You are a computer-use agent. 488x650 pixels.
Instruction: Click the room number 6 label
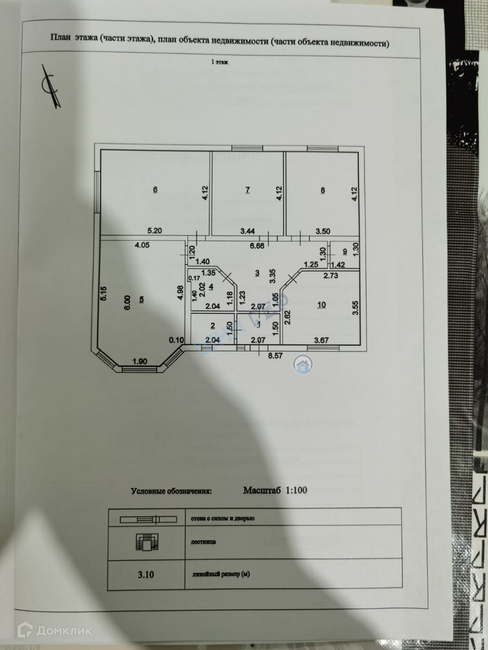coord(155,190)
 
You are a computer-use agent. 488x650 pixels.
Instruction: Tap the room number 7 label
coord(247,190)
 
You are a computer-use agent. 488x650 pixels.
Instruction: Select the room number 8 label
coord(323,190)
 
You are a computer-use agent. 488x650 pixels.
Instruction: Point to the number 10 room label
coord(321,305)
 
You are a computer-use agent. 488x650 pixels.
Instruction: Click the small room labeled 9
coord(345,252)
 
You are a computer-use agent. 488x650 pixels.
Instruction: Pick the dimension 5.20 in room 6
coord(155,231)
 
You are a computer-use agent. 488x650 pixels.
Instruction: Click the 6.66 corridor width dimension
coord(257,246)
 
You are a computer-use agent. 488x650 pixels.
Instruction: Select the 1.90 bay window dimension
coord(140,361)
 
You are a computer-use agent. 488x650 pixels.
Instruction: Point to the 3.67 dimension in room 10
coord(321,340)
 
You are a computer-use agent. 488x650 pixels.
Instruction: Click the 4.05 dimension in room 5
coord(142,246)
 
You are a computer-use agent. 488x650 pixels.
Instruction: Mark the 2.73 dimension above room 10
coord(331,275)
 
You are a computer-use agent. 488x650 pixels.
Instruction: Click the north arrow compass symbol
coord(50,85)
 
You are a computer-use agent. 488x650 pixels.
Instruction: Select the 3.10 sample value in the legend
coord(145,575)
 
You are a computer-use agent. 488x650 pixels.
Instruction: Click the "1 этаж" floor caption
coord(220,62)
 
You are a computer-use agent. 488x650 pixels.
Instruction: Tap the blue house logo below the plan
coord(303,364)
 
